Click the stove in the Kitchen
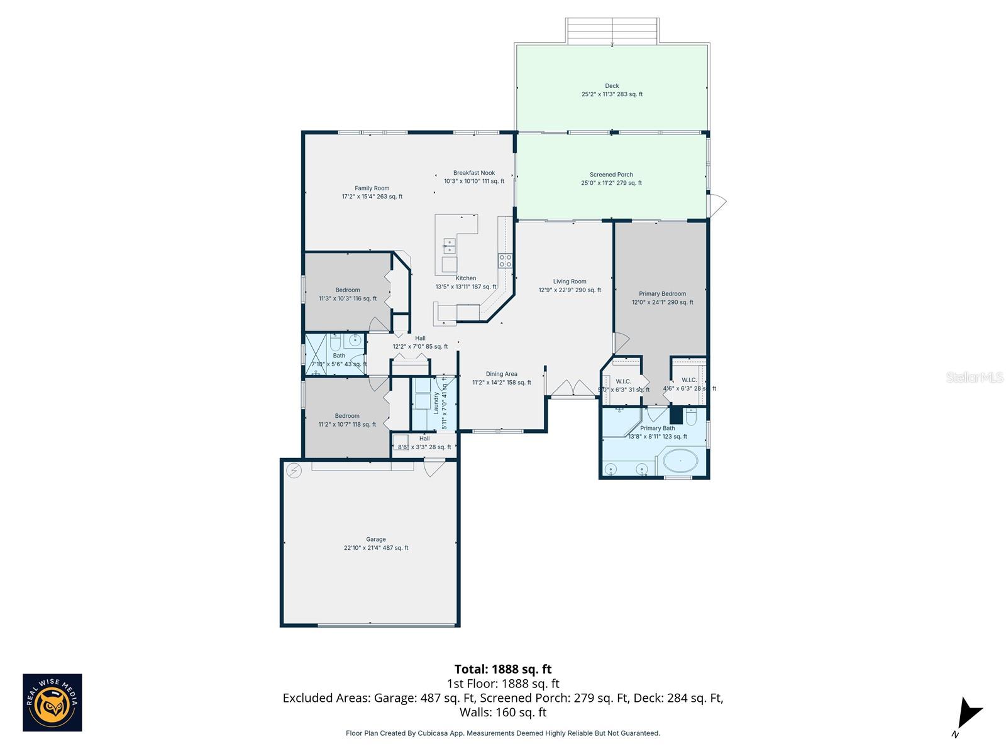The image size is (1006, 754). pyautogui.click(x=505, y=260)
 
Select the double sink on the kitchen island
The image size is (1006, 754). pyautogui.click(x=449, y=246)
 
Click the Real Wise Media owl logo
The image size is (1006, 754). pyautogui.click(x=52, y=702)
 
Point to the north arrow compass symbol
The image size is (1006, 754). pyautogui.click(x=968, y=715)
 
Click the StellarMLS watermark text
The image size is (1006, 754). pyautogui.click(x=975, y=377)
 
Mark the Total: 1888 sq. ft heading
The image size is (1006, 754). pyautogui.click(x=503, y=669)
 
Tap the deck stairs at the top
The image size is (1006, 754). pyautogui.click(x=612, y=31)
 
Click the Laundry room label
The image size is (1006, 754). pyautogui.click(x=436, y=403)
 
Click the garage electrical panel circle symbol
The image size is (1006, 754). pyautogui.click(x=294, y=470)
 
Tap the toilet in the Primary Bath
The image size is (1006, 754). pyautogui.click(x=690, y=417)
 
